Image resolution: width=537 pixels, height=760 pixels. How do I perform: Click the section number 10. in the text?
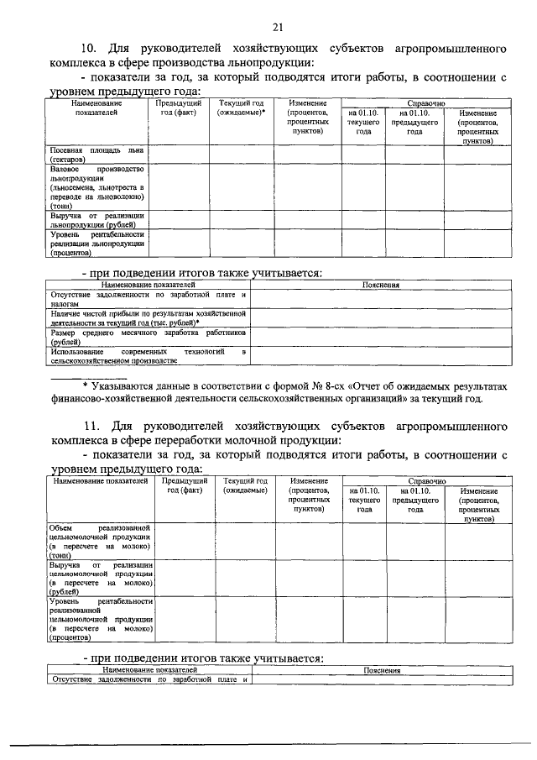(91, 48)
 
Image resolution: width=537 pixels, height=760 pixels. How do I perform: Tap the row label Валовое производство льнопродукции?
(96, 186)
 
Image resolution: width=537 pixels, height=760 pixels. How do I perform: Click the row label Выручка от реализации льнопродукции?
(96, 220)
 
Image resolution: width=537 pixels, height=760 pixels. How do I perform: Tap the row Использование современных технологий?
(148, 356)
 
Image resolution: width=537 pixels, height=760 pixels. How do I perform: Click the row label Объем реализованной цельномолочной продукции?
(100, 541)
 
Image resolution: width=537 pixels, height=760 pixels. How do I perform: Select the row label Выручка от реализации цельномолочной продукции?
(100, 578)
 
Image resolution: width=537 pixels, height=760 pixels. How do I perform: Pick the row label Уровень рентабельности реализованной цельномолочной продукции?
(100, 619)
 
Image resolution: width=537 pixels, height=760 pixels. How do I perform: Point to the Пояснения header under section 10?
(380, 285)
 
